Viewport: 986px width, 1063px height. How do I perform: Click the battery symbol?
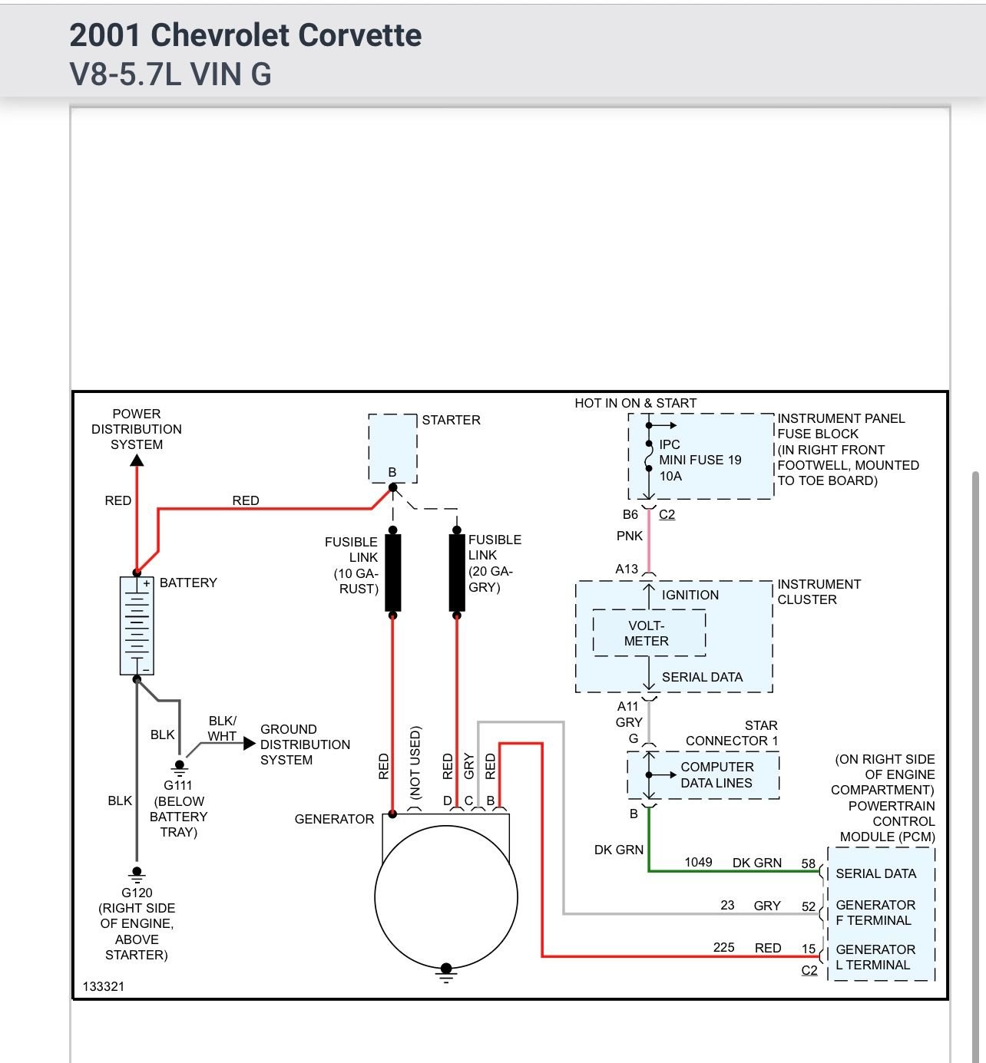coord(137,625)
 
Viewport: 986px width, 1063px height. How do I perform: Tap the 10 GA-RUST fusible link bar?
coord(392,573)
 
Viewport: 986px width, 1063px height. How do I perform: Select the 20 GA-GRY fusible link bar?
coord(457,573)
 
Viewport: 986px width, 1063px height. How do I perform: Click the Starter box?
coord(392,447)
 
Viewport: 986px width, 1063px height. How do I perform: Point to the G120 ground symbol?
coord(137,873)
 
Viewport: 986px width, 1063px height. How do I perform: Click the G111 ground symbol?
coord(179,767)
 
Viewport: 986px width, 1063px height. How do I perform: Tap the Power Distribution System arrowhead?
coord(137,461)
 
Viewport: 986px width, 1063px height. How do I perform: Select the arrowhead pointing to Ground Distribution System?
coord(249,743)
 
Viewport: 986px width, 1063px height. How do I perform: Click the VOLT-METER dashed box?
coord(649,633)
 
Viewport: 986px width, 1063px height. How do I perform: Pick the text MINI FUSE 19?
coord(700,460)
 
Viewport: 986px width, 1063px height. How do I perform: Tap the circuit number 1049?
coord(698,862)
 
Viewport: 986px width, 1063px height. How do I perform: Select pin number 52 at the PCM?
coord(808,906)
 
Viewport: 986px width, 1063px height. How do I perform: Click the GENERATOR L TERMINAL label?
coord(875,957)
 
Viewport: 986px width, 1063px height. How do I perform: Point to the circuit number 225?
coord(723,947)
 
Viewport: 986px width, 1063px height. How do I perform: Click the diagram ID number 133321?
coord(103,986)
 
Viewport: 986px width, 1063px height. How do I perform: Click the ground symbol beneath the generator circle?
coord(445,973)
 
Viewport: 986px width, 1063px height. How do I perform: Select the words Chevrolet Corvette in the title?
coord(286,35)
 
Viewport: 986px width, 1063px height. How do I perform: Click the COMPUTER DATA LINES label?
coord(716,774)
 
